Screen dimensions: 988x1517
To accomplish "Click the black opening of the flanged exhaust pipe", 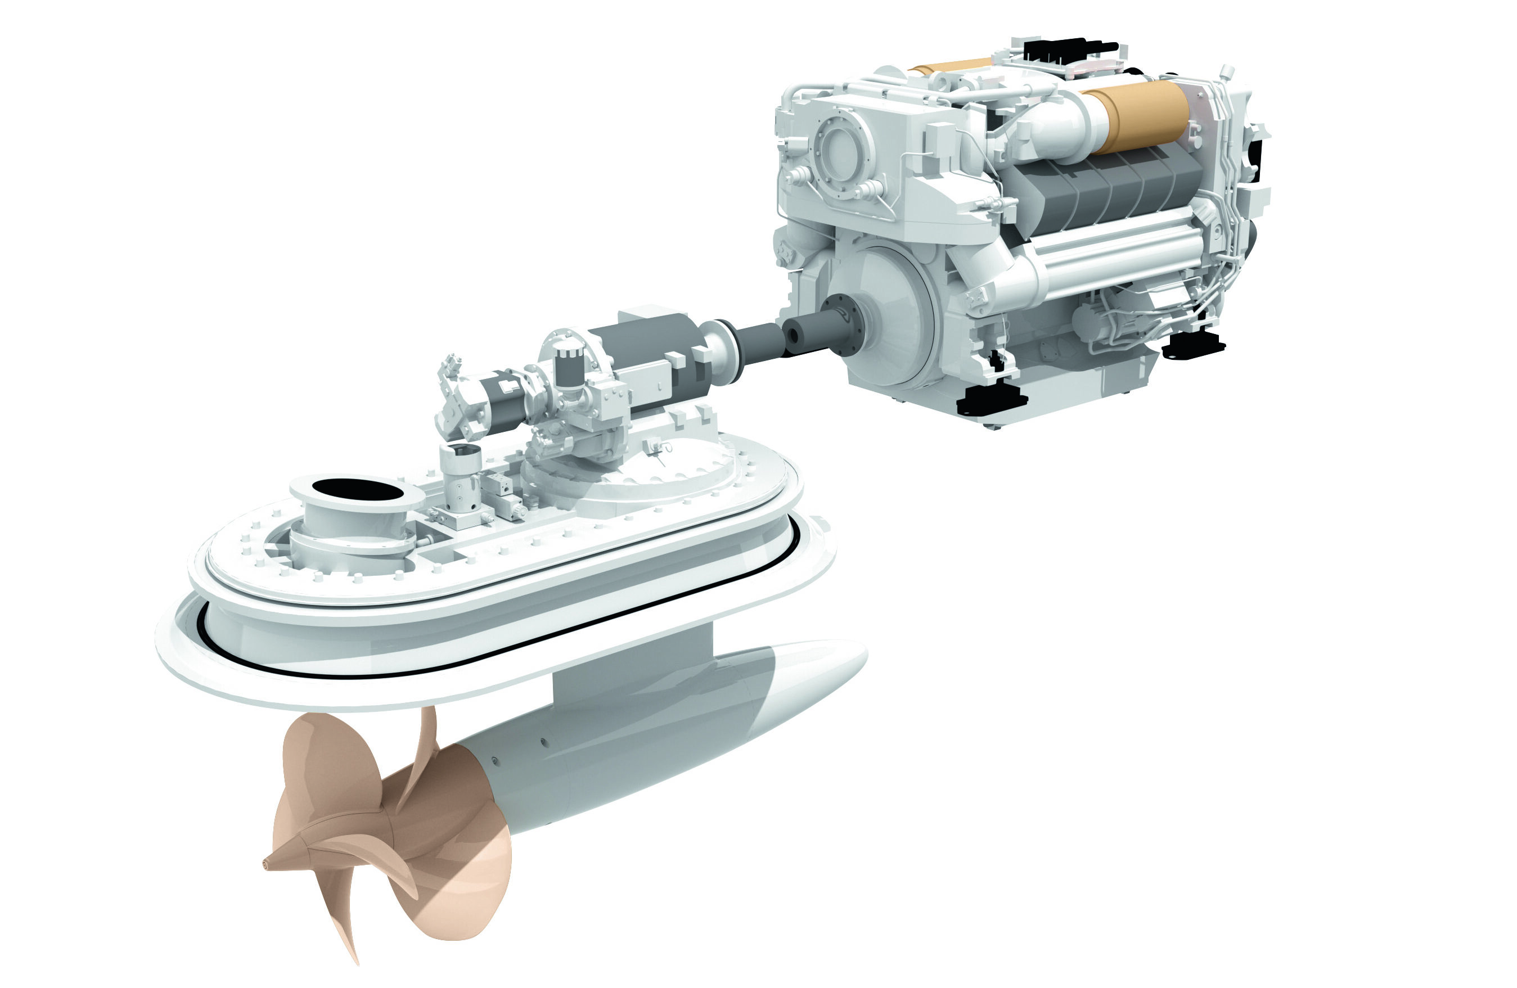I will [x=358, y=490].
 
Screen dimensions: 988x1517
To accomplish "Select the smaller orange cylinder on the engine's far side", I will [x=949, y=66].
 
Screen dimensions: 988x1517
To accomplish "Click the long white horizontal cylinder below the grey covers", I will [x=1115, y=255].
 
